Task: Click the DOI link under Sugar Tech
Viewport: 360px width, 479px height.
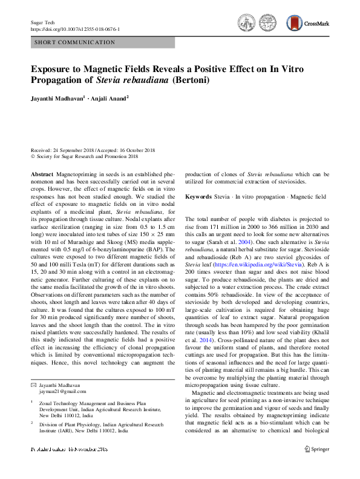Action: click(75, 29)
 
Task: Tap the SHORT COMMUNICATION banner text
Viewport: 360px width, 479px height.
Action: click(75, 43)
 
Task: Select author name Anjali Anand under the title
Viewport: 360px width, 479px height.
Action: click(109, 98)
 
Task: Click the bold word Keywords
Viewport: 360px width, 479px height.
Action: click(198, 197)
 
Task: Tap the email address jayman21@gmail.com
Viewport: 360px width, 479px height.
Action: click(54, 392)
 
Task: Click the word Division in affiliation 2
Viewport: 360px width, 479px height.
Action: click(50, 424)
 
